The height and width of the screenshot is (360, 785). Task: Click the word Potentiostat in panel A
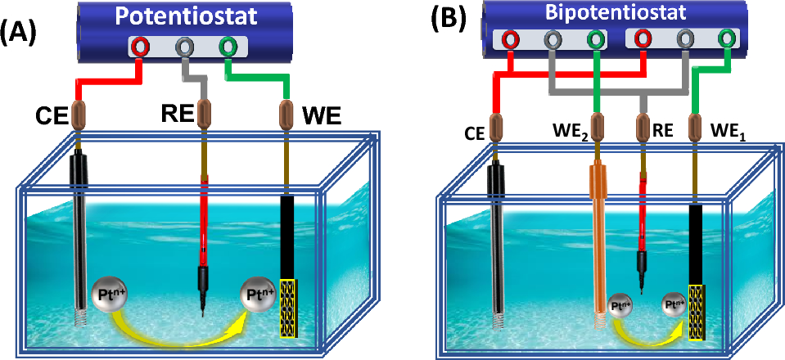[x=187, y=17]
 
